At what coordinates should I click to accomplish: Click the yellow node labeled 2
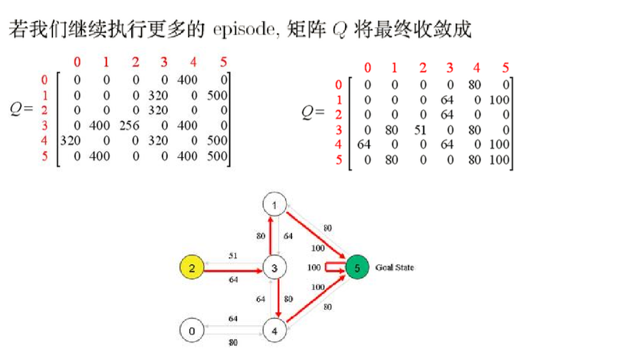(x=191, y=267)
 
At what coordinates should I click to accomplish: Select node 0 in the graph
(x=191, y=331)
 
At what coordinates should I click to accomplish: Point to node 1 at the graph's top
(x=275, y=205)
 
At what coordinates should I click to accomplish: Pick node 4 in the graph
(x=275, y=331)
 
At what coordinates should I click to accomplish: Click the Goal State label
(x=394, y=267)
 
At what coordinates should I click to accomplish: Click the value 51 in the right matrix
(x=422, y=130)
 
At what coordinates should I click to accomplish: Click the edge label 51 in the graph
(x=233, y=256)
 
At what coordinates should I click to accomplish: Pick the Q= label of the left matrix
(x=21, y=110)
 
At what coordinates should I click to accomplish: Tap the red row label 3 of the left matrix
(x=44, y=126)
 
